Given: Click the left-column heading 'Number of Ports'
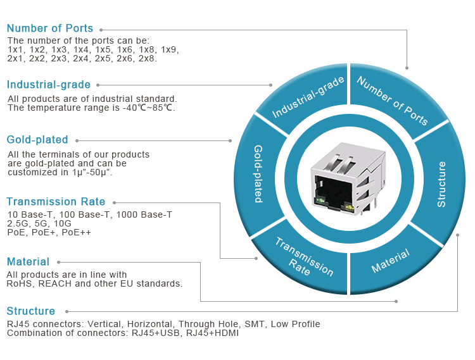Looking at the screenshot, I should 50,28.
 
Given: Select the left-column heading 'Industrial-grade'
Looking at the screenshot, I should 49,85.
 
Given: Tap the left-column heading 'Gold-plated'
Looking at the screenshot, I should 37,140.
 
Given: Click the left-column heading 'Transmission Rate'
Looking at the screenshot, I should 56,202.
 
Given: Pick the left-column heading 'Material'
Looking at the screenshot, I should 28,262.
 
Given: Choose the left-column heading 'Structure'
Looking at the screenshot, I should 31,311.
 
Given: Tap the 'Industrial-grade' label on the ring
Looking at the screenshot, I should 308,97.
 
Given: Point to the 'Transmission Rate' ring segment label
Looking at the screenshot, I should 303,257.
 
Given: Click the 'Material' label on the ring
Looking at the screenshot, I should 390,261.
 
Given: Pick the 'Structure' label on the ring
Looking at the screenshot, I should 442,184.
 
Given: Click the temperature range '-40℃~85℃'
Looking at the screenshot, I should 149,108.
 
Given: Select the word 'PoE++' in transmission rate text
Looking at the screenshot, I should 76,233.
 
